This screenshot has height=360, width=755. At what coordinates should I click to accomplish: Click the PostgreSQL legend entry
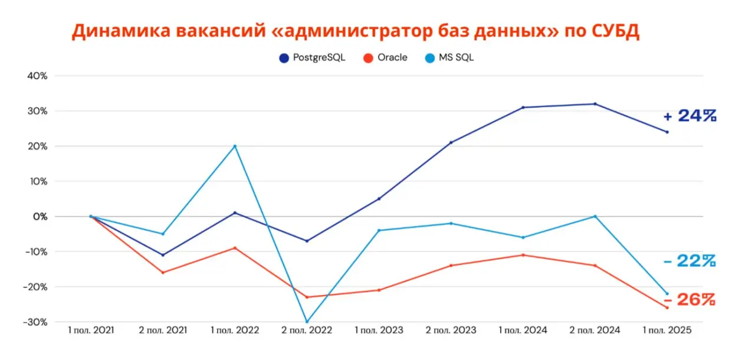[x=312, y=58]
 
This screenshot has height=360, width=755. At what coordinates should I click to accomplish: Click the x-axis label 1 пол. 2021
[x=91, y=330]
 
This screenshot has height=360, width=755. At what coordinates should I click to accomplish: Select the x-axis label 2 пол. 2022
[x=307, y=330]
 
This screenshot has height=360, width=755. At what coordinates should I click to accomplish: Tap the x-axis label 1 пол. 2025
[x=667, y=330]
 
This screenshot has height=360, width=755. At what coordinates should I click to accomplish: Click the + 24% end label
[x=690, y=116]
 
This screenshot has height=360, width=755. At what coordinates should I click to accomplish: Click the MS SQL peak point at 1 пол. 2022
[x=235, y=146]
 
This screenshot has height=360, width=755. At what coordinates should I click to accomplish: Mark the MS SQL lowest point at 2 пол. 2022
[x=307, y=322]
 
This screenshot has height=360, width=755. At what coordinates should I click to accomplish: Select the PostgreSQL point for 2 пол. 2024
[x=595, y=104]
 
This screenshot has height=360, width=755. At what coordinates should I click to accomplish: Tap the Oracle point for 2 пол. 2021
[x=163, y=273]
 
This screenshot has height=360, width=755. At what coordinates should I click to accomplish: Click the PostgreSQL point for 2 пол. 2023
[x=451, y=142]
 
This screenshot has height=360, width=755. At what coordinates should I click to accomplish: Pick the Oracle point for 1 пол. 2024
[x=523, y=255]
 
